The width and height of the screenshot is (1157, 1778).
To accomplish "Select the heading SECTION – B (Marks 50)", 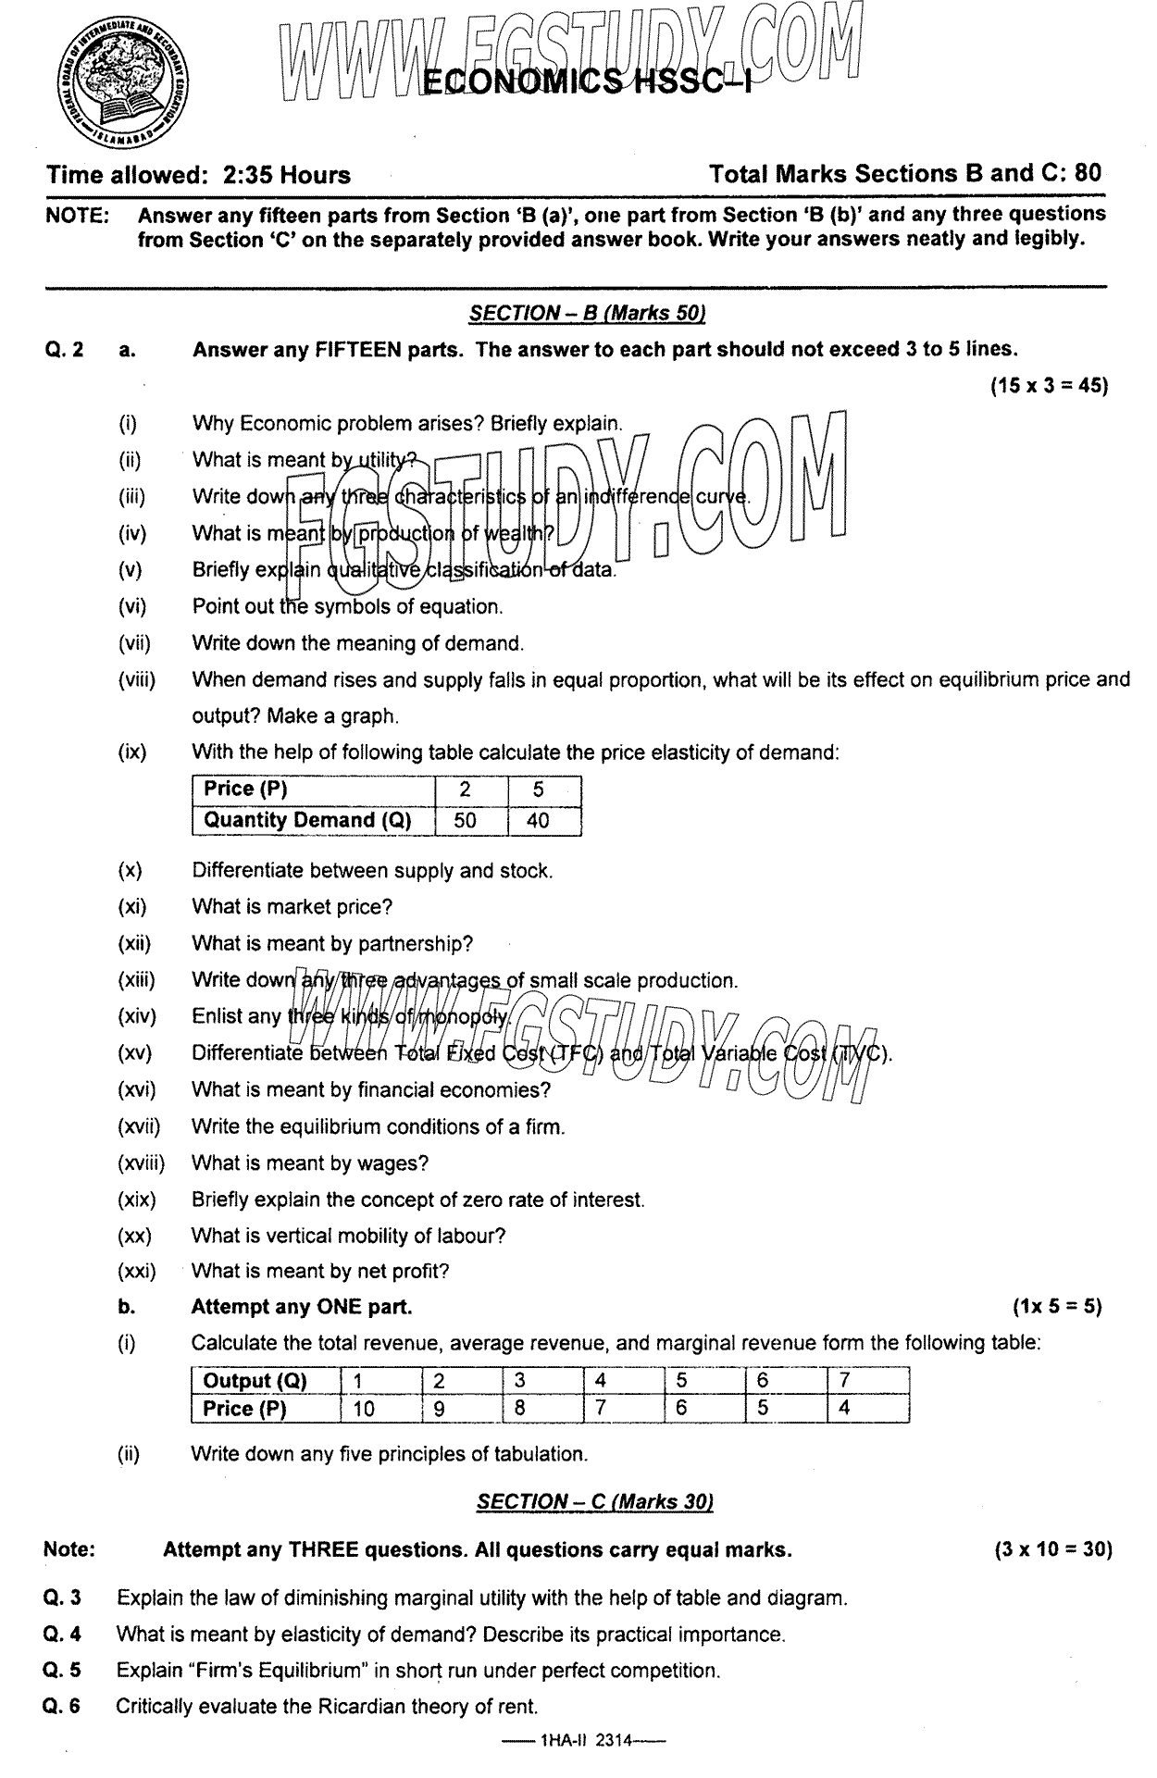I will [587, 314].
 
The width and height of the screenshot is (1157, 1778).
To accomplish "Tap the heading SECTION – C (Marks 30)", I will [594, 1501].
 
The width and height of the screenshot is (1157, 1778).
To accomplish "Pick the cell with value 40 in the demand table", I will [538, 820].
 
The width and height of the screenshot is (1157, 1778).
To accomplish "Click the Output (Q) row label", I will [255, 1381].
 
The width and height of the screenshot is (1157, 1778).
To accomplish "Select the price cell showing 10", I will [365, 1409].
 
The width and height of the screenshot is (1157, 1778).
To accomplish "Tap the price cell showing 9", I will [440, 1409].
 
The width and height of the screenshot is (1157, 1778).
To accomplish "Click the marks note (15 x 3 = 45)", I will [1049, 386].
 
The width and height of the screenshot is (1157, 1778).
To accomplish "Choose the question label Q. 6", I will [62, 1707].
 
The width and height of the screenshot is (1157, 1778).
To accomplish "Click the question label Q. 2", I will [63, 350].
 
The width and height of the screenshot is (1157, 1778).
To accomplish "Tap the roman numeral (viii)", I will [137, 680].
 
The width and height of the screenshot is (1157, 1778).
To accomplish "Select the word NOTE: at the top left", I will [77, 216].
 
